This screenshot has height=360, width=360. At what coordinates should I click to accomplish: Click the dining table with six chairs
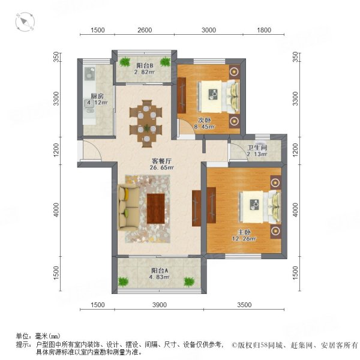[x=146, y=122]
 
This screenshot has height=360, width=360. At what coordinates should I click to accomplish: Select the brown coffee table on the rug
[x=157, y=208]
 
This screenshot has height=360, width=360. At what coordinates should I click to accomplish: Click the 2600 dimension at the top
[x=145, y=30]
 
